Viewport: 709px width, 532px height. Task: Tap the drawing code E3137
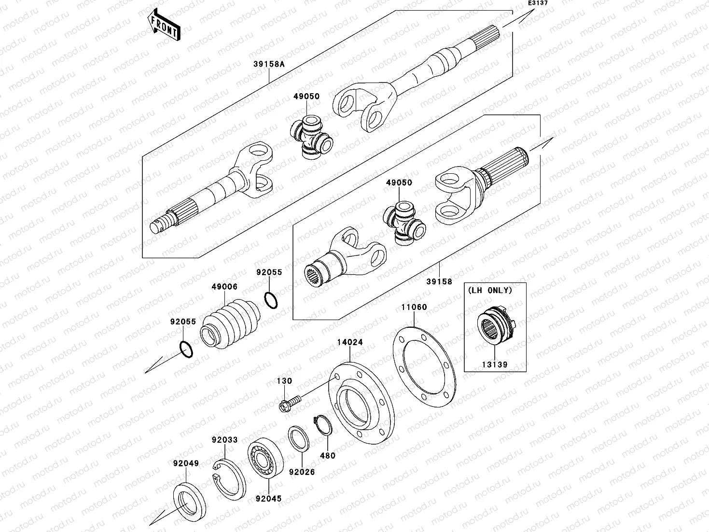click(x=537, y=3)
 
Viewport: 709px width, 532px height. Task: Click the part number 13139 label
click(x=495, y=364)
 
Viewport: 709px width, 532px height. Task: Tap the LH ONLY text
click(x=489, y=291)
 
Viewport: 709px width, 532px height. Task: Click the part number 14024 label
click(x=350, y=342)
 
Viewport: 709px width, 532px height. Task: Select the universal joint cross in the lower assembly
click(x=403, y=223)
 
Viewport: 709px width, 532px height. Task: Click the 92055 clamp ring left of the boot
click(x=186, y=349)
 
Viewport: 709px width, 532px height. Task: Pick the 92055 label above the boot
click(x=269, y=272)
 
